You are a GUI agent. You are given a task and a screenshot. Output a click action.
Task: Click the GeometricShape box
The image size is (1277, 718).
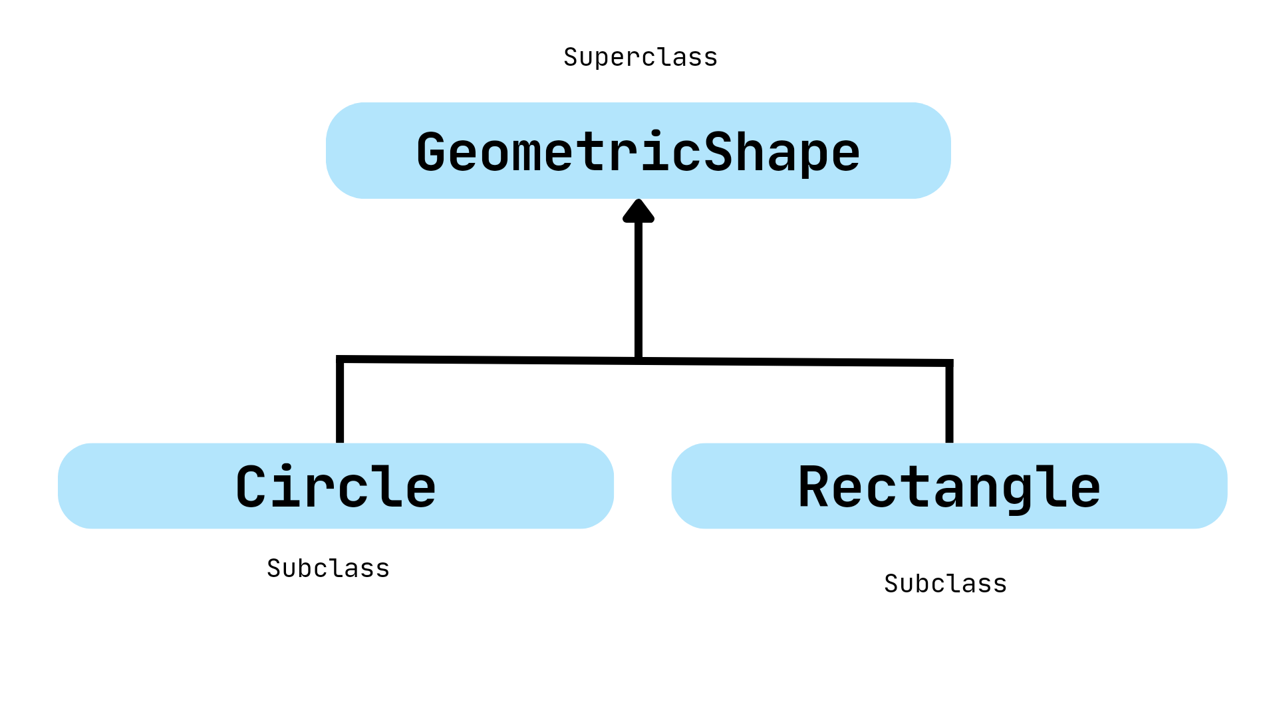(638, 150)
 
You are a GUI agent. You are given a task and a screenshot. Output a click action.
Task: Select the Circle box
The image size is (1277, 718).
(336, 486)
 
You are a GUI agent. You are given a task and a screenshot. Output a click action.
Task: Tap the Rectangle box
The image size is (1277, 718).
(949, 486)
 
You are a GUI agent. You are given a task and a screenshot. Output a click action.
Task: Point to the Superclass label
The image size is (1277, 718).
(640, 57)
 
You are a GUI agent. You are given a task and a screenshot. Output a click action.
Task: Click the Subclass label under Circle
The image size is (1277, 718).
(328, 568)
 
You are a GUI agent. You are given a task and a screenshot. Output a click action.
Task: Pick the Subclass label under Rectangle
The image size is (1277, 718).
(945, 584)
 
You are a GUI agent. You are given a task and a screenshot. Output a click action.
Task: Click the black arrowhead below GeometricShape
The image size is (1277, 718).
(638, 211)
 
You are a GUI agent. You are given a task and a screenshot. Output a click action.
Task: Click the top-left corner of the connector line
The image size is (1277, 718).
(340, 359)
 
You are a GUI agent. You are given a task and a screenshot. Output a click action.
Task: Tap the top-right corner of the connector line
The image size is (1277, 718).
(949, 364)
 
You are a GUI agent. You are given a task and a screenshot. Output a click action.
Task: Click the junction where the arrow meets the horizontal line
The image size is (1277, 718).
(638, 360)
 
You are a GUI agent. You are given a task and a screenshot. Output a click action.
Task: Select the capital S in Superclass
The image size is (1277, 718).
(571, 57)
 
